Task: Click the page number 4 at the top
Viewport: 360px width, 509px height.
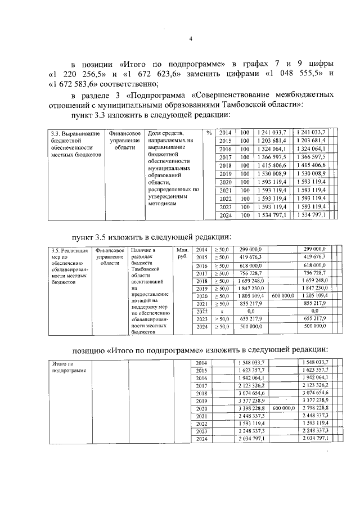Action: point(191,38)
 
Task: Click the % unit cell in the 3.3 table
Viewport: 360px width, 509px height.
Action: point(208,133)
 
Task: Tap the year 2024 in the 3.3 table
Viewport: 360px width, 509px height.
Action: point(225,215)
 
